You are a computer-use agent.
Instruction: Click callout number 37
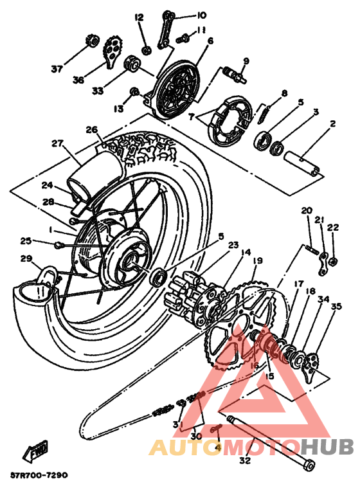57,69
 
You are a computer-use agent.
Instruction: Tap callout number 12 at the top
139,17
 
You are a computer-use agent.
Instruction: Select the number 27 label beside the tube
57,143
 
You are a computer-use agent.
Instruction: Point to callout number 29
26,258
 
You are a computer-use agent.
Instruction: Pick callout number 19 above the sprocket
257,261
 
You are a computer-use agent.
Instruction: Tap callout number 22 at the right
332,228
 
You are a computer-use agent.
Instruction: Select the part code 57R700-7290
39,476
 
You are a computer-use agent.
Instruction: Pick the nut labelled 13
134,91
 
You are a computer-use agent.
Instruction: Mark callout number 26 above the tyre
91,129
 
